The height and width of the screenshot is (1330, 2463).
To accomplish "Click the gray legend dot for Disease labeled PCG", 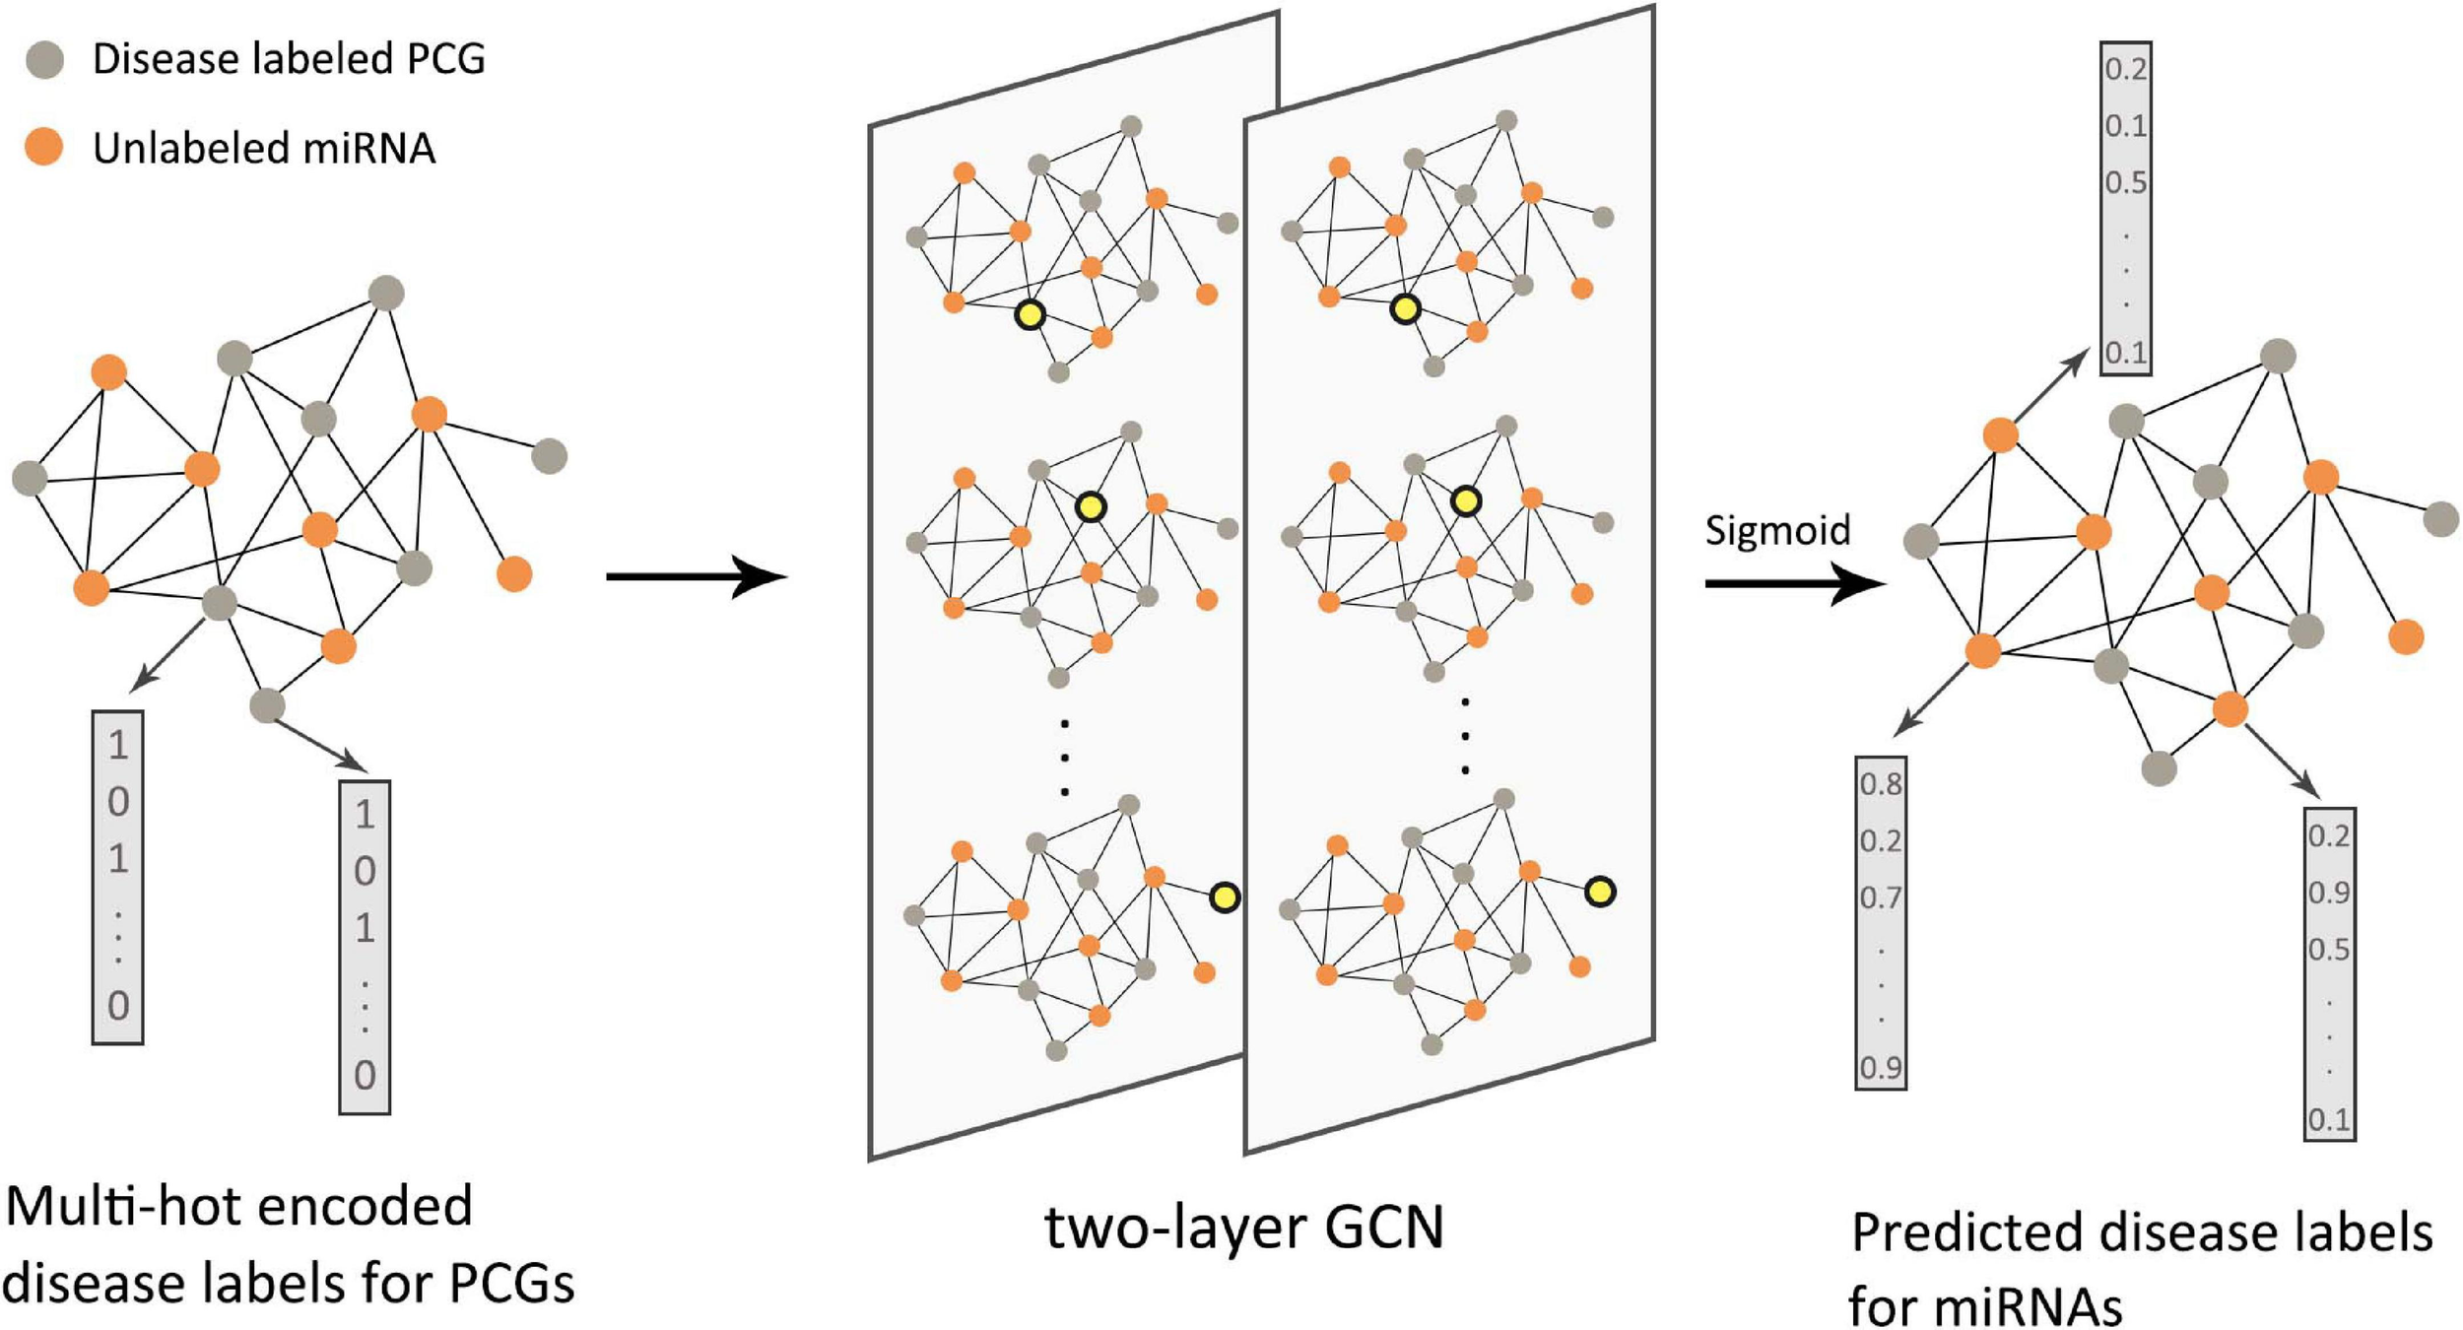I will [44, 59].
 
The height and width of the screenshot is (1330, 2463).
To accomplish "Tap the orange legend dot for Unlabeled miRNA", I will [44, 147].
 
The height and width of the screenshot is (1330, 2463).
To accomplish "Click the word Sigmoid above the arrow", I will [1777, 531].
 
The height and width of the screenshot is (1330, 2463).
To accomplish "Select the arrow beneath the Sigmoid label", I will [1793, 584].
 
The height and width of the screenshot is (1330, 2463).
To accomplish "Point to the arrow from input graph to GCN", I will [695, 576].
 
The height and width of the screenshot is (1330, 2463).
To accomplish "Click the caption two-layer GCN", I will [1243, 1228].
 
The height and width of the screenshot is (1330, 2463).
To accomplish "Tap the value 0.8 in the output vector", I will [1880, 784].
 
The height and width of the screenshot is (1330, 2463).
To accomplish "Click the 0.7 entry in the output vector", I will [1880, 898].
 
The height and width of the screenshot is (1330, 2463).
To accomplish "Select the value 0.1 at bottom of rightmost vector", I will [2329, 1120].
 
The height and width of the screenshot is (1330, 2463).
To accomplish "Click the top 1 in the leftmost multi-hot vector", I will [118, 745].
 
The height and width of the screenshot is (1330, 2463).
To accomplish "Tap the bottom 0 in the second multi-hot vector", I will [365, 1075].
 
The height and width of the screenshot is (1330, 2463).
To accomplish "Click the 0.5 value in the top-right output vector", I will [2125, 183].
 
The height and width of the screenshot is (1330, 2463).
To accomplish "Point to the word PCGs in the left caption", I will [511, 1284].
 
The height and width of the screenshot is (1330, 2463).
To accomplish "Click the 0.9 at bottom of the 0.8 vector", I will [1880, 1068].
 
